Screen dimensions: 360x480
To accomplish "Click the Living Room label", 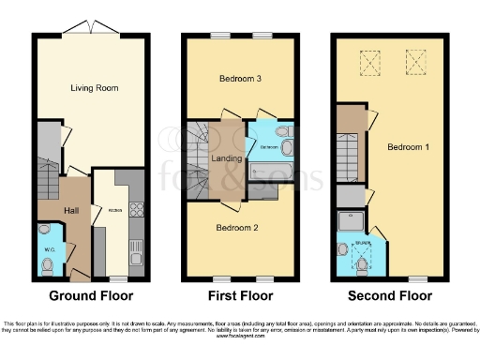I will [92, 87].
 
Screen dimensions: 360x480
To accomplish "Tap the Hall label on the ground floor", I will [70, 212].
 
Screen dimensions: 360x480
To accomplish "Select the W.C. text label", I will [47, 247].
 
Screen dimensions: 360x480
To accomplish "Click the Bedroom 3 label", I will [238, 80].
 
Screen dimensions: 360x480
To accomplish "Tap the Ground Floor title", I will [92, 296].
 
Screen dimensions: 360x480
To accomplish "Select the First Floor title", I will [240, 296].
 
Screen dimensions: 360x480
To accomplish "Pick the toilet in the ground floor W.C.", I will [47, 265].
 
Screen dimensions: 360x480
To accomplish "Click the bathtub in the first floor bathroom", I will [273, 172].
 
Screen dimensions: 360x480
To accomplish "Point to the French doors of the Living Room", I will [92, 32].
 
